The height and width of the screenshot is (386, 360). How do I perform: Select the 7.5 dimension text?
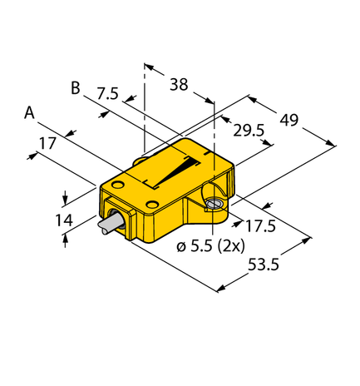coord(107,94)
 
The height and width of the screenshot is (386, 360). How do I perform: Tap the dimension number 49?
coord(288,120)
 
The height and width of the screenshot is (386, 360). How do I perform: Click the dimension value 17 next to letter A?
coord(47,142)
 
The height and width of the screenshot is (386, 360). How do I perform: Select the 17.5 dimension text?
coord(259,225)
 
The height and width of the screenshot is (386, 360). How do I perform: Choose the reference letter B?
coord(76,87)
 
